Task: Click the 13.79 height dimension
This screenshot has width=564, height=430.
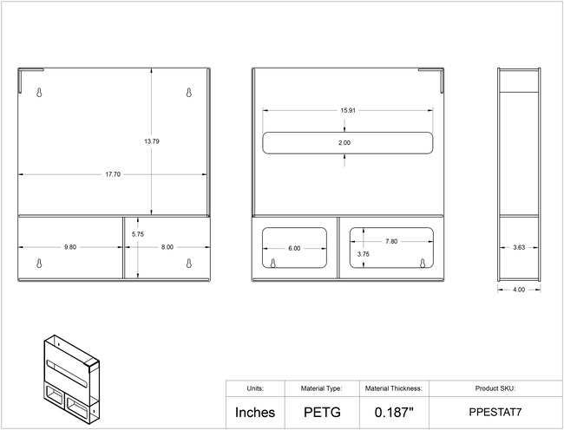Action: (x=152, y=141)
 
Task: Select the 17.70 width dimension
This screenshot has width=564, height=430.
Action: (x=113, y=174)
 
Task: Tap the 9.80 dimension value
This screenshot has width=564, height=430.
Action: (x=70, y=247)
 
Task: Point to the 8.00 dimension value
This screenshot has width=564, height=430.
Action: (x=167, y=247)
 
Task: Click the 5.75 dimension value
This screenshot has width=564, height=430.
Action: (x=137, y=234)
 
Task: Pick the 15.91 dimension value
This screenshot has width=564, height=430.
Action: (x=348, y=110)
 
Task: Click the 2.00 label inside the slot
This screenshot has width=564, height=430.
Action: (x=344, y=143)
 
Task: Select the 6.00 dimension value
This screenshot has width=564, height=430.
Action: (x=294, y=248)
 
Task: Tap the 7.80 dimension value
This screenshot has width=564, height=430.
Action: (x=391, y=241)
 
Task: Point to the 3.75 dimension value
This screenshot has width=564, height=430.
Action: (x=364, y=254)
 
